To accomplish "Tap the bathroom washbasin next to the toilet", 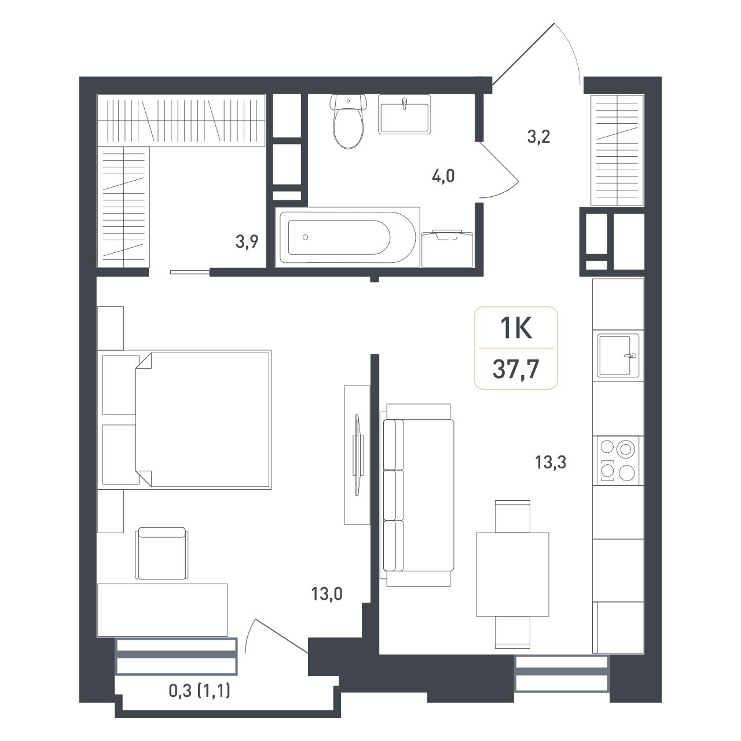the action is click(404, 114).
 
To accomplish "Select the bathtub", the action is click(347, 237).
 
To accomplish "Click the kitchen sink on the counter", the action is click(618, 355).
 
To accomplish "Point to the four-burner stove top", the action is click(618, 460).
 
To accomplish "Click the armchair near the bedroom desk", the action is click(162, 553).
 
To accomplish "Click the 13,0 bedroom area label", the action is click(327, 594).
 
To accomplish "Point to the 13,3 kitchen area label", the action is click(551, 462).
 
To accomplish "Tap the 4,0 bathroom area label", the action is click(443, 176).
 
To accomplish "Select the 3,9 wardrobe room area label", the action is click(247, 242).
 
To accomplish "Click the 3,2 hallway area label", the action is click(539, 137).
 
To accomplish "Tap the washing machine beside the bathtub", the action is click(447, 248).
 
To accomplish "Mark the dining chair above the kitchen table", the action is click(512, 516).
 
